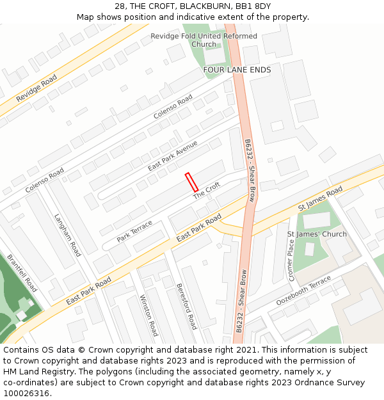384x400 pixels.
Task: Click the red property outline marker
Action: pos(191,182)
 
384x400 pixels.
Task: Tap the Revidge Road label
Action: pos(36,88)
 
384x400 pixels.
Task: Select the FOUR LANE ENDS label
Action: pos(237,69)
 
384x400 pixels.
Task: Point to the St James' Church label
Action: pos(317,234)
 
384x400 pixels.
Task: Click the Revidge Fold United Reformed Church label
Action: pos(204,40)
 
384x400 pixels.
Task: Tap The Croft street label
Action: pos(207,189)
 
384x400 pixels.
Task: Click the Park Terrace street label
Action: pos(134,231)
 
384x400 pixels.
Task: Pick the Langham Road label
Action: pos(68,235)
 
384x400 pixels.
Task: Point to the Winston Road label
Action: pos(148,316)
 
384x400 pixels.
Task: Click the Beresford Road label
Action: pos(186,306)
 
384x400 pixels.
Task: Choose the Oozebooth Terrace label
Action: pos(303,291)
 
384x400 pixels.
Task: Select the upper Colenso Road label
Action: pos(173,107)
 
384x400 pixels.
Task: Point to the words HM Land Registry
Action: pos(33,372)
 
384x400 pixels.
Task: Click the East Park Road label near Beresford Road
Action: pos(198,228)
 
